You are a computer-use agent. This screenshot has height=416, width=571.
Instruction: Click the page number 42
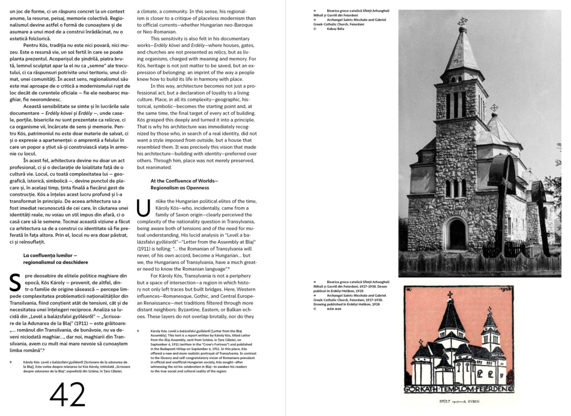pos(67,394)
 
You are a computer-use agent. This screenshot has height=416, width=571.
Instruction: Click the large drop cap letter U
pos(143,208)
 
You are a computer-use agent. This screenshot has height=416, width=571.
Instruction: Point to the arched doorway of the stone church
pos(457,234)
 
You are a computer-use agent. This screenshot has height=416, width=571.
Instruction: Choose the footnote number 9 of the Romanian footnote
pos(11,363)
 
